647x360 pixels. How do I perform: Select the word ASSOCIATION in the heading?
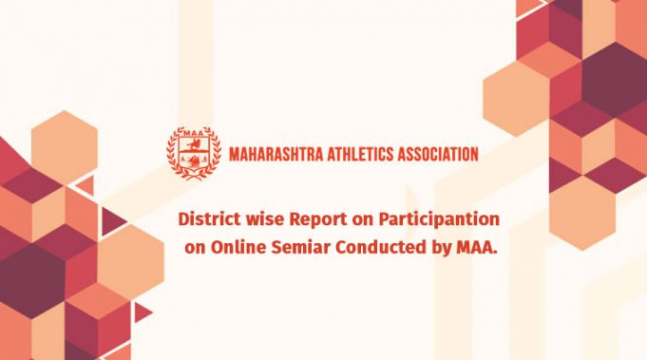tap(438, 153)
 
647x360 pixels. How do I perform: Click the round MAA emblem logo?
tap(195, 153)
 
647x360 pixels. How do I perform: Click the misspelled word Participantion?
tap(432, 219)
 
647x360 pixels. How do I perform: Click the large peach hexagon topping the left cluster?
tap(64, 143)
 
